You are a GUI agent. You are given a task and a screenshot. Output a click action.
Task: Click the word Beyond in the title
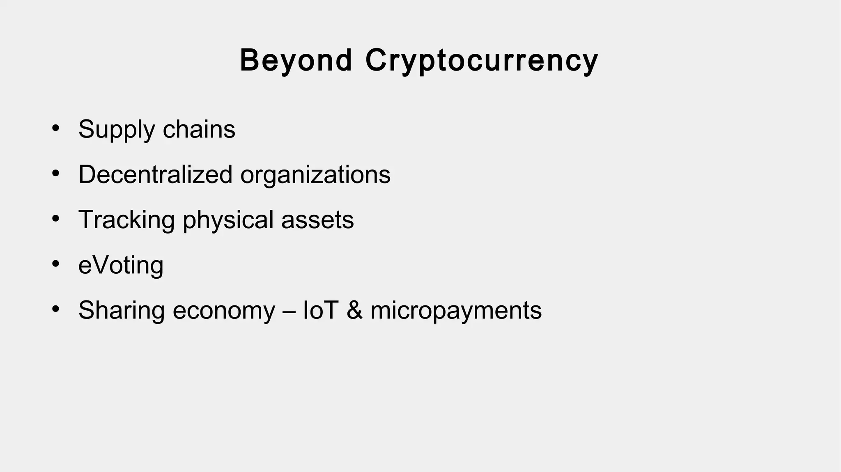coord(296,61)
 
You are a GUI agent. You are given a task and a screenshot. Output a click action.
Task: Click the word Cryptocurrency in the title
coord(481,61)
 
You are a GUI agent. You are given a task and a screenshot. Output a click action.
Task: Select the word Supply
coord(117,130)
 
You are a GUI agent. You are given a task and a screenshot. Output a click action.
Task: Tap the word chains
coord(199,130)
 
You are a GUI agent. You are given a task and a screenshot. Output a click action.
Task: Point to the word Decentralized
coord(155,174)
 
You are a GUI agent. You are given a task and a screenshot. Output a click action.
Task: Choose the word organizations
coord(315,174)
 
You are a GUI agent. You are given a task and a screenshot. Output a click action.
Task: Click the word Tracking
coord(126,220)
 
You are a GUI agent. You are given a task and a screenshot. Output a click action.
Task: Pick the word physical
coord(228,220)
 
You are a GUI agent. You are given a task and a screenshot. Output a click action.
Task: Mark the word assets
coord(317,220)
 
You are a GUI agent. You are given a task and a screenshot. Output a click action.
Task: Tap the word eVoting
coord(121,265)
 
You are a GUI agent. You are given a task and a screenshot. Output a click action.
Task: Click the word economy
coord(224,311)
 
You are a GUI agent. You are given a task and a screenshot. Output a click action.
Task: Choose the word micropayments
coord(456,311)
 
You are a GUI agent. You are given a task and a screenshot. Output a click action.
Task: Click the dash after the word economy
coord(289,311)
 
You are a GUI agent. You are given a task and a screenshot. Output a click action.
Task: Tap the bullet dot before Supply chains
coord(56,128)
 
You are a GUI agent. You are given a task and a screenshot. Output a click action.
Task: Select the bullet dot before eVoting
coord(56,263)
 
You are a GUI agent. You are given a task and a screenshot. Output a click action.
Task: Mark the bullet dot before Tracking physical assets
coord(56,218)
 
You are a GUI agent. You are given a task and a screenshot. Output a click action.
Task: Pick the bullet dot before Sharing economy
coord(56,309)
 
